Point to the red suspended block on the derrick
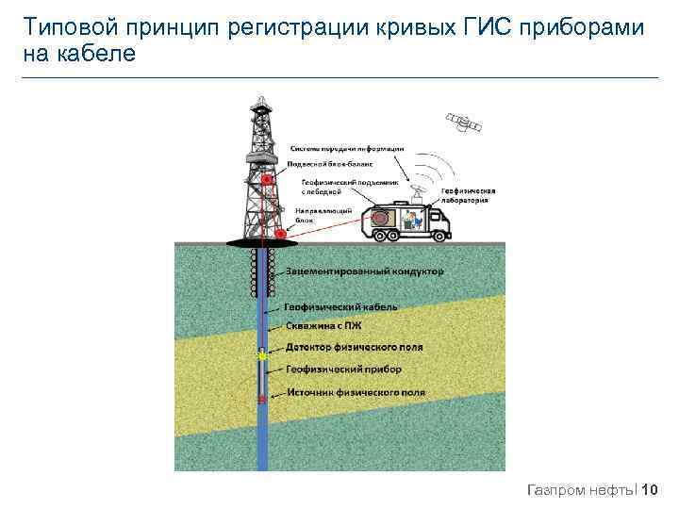click(268, 178)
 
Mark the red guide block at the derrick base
click(280, 232)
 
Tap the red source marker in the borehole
click(262, 400)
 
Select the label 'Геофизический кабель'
click(340, 307)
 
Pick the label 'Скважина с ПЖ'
click(323, 326)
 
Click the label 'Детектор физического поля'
click(354, 347)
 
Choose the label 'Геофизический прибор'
click(343, 369)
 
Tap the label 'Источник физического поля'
click(356, 392)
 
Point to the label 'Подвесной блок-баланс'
click(333, 162)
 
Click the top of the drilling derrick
click(258, 100)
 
